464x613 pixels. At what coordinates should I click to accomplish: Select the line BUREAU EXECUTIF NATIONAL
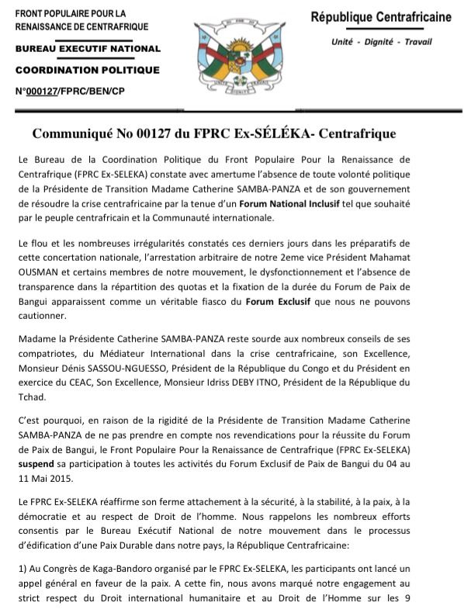(x=88, y=49)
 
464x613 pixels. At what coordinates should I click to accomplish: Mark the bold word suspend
(x=34, y=463)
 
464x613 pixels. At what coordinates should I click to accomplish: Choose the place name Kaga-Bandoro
(x=117, y=571)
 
